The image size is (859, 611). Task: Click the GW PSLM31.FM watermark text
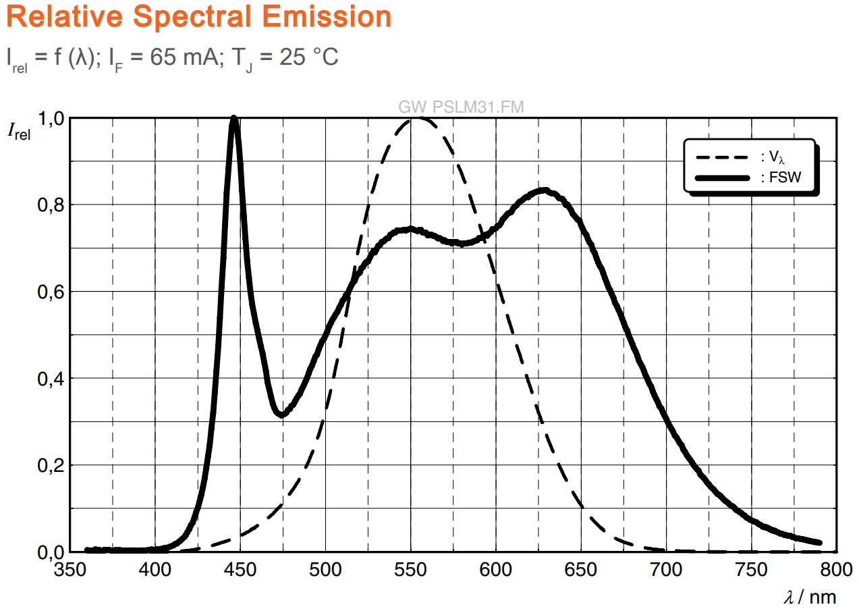tap(462, 107)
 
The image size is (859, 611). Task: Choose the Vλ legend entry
tap(772, 157)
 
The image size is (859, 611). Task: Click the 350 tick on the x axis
tap(70, 570)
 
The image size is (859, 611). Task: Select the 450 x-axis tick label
tap(240, 570)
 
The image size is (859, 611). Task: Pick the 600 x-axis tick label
tap(496, 570)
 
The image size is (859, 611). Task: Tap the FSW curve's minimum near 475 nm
tap(281, 414)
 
